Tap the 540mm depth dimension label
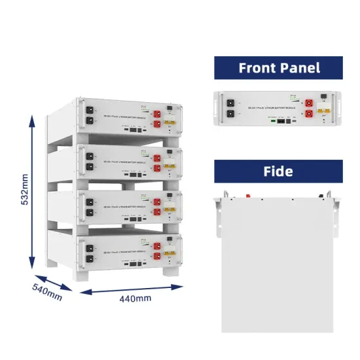[46, 291]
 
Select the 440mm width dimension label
[135, 298]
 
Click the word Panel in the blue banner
[306, 67]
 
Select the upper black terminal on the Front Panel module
[230, 102]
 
